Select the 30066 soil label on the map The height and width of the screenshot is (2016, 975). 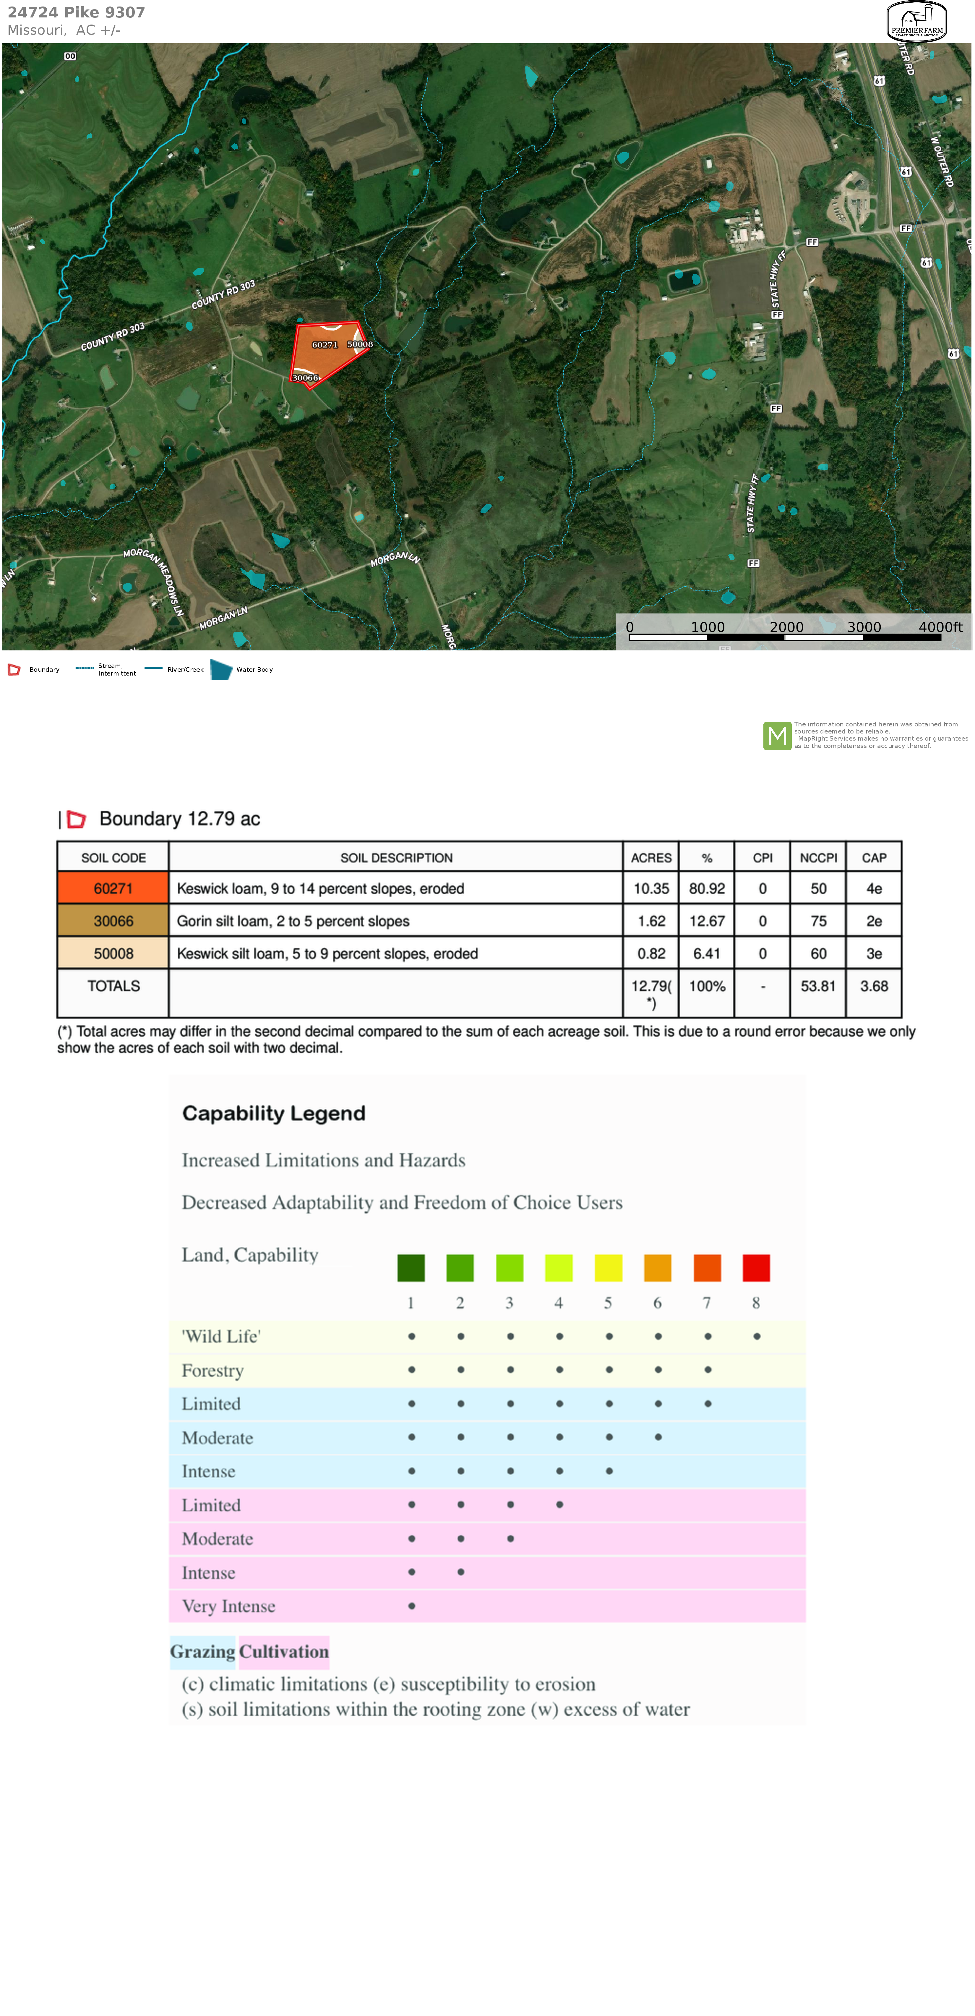(305, 378)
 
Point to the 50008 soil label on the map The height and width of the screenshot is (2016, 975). (360, 344)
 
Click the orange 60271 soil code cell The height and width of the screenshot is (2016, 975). (113, 888)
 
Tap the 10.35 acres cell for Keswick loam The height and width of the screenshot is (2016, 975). (651, 888)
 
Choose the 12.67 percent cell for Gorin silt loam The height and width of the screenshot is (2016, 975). (707, 921)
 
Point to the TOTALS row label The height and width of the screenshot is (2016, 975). (113, 986)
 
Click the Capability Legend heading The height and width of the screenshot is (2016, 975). (274, 1114)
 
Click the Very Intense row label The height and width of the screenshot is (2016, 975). (228, 1607)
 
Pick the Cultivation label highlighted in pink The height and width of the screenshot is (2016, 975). (284, 1652)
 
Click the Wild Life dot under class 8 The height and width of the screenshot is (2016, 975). (757, 1337)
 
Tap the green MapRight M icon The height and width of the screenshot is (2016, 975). (777, 736)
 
